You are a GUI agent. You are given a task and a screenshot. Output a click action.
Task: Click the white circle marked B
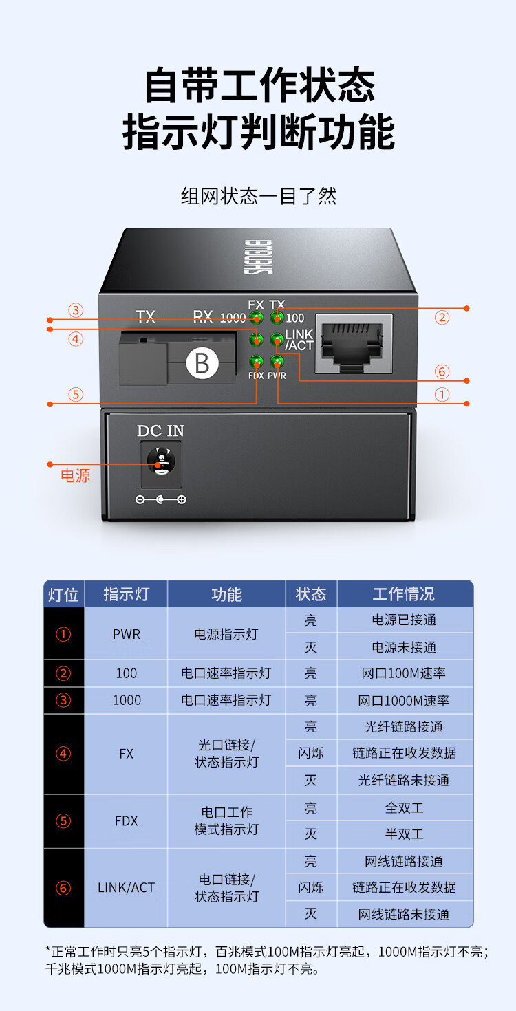click(202, 362)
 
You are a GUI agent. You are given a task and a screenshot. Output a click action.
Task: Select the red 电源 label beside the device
click(76, 476)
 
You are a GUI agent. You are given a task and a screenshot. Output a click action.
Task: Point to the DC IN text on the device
click(160, 431)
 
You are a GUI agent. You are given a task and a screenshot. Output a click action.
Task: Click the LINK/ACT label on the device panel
click(299, 340)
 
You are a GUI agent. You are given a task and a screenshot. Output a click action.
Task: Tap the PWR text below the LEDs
click(277, 376)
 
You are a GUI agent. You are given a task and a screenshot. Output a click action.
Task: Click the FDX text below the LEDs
click(256, 376)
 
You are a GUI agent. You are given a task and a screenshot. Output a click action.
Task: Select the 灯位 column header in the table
click(63, 594)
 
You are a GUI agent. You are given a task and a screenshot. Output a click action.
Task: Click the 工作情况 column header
click(404, 594)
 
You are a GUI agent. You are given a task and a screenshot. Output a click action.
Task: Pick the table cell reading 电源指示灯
click(226, 633)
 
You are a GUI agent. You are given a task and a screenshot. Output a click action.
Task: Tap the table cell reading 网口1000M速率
click(404, 700)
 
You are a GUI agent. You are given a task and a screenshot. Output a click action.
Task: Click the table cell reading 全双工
click(404, 807)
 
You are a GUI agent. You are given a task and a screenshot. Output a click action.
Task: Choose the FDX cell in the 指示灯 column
click(127, 821)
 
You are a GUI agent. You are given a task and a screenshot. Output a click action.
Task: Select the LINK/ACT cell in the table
click(127, 888)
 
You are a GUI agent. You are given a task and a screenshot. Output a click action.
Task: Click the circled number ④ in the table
click(63, 754)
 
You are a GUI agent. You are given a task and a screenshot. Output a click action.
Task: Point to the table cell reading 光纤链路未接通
click(404, 781)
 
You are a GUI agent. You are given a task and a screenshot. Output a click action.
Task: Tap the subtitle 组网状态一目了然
click(258, 197)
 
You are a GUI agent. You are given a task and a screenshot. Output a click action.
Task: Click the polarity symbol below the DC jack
click(160, 500)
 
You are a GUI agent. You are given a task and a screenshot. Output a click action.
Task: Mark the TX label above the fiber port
click(145, 317)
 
